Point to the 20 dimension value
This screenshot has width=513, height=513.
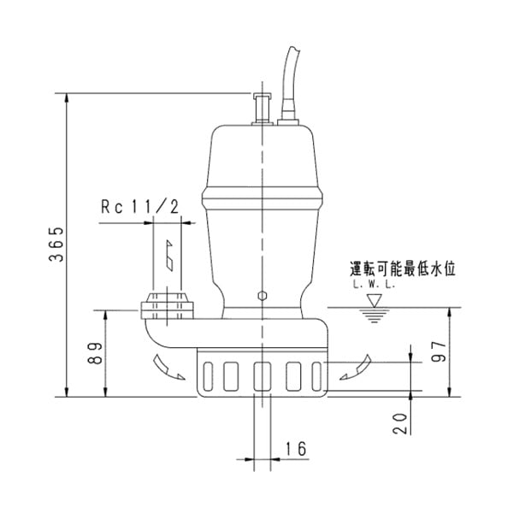tap(401, 421)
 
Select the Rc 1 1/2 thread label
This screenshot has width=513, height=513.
tap(139, 206)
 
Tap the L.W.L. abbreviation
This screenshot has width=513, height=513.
tap(372, 285)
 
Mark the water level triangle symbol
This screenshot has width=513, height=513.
tap(374, 300)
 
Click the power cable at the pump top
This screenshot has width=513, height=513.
tap(291, 81)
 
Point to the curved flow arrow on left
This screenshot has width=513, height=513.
tap(167, 366)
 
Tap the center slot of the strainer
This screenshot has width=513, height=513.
tap(262, 375)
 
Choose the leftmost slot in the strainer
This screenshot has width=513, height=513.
tap(209, 375)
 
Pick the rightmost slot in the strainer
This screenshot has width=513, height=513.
tap(316, 375)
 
